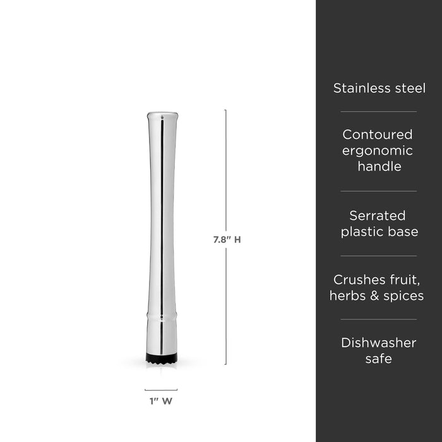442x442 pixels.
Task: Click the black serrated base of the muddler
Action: pyautogui.click(x=162, y=357)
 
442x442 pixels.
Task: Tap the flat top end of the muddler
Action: pyautogui.click(x=162, y=116)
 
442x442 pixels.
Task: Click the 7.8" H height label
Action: pyautogui.click(x=227, y=240)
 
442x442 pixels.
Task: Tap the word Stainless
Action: pyautogui.click(x=362, y=88)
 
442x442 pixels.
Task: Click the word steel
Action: pyautogui.click(x=410, y=88)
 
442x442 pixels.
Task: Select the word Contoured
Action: pyautogui.click(x=378, y=134)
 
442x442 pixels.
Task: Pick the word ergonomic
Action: pyautogui.click(x=378, y=151)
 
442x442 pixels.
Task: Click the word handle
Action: pyautogui.click(x=379, y=167)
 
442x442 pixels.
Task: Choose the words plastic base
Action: pyautogui.click(x=379, y=232)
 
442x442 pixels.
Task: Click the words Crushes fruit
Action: pyautogui.click(x=379, y=279)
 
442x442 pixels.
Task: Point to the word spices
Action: pyautogui.click(x=403, y=296)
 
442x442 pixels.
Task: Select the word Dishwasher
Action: pyautogui.click(x=379, y=343)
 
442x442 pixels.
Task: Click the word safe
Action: pyautogui.click(x=379, y=359)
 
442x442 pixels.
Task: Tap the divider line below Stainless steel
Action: pyautogui.click(x=379, y=112)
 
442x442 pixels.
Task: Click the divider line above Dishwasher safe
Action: pyautogui.click(x=379, y=319)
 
